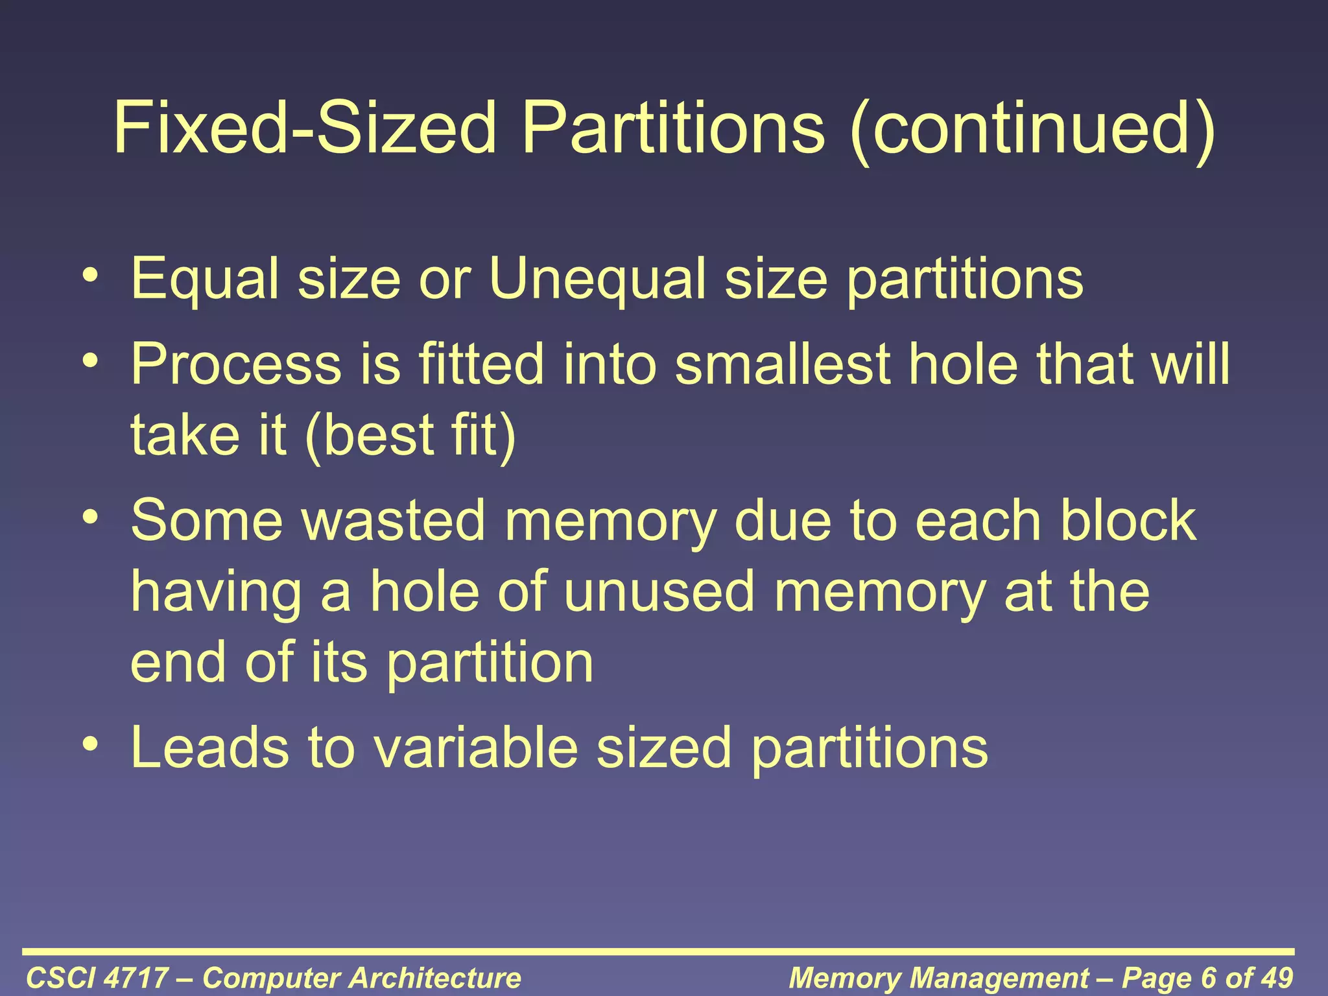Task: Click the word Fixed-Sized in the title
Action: (x=305, y=128)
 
